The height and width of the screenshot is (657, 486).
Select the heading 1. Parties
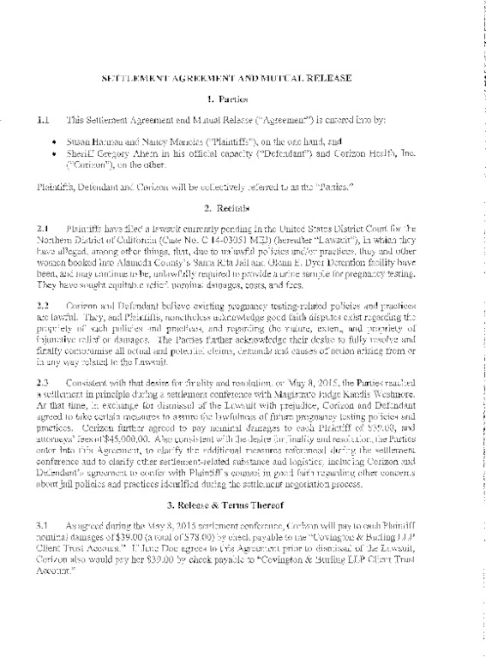pos(244,100)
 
